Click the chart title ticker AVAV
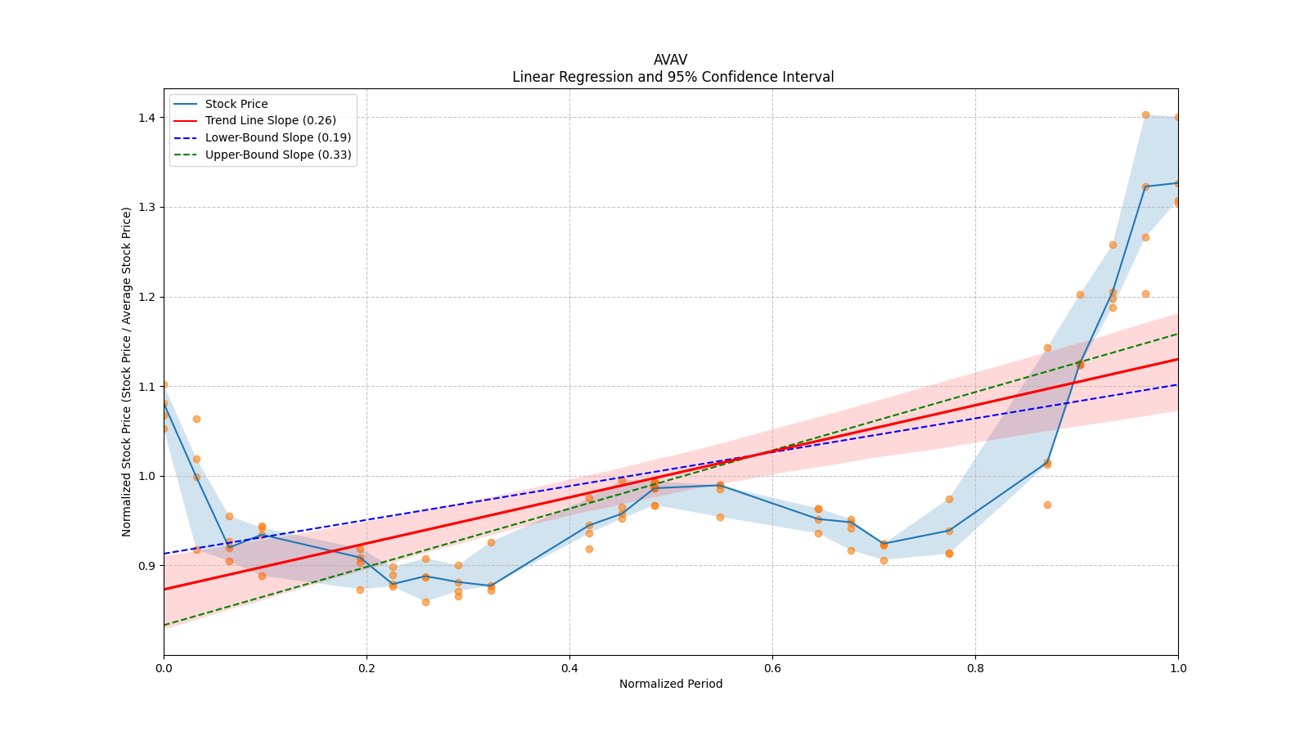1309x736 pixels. [x=670, y=60]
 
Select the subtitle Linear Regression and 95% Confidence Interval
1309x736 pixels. [x=672, y=77]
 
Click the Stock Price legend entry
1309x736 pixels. [x=236, y=104]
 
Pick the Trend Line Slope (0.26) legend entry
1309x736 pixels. [x=270, y=121]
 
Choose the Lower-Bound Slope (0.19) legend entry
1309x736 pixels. [x=277, y=137]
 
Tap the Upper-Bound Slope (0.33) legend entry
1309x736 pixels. [x=277, y=155]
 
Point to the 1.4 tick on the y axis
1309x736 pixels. [x=147, y=118]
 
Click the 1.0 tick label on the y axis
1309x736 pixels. [x=147, y=476]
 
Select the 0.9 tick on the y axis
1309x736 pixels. [x=147, y=566]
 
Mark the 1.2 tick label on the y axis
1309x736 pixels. [x=147, y=297]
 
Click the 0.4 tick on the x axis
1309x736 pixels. [x=569, y=667]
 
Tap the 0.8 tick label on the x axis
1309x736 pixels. [x=975, y=667]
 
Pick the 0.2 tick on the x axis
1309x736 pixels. [x=367, y=667]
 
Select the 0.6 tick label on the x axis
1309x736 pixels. [x=772, y=667]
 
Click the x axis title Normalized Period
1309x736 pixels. [x=671, y=684]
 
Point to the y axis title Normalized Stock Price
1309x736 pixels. [x=127, y=371]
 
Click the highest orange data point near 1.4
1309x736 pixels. [x=1145, y=115]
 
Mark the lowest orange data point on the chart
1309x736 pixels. [x=425, y=602]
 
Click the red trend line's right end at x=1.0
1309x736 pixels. [x=1177, y=359]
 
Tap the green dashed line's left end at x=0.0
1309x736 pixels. [x=164, y=625]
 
